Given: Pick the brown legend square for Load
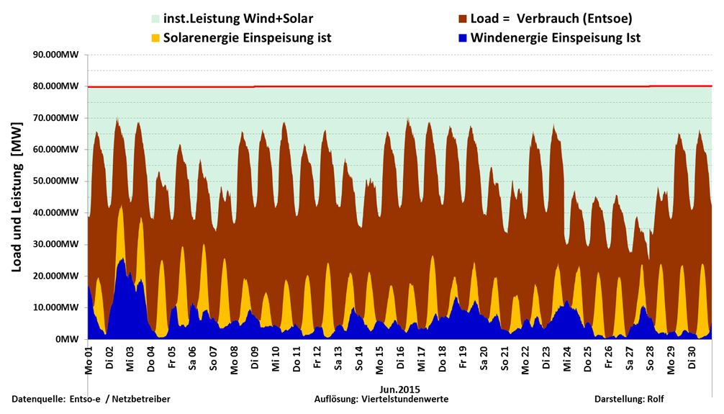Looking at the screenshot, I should coord(463,18).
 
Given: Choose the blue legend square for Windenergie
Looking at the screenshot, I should coord(463,37).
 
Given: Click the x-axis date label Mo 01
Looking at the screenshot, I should coord(89,361).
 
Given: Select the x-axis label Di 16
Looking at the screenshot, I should coord(400,361).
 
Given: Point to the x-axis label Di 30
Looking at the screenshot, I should coord(691,361).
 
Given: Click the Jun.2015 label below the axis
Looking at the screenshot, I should coord(400,390).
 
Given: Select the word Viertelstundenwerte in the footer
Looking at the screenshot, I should coord(413,399).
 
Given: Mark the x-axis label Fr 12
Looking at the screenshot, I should coord(317,361).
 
